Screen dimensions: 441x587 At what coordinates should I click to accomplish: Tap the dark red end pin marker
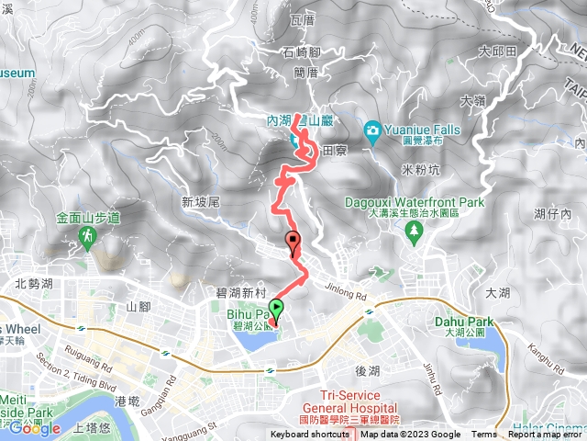293,243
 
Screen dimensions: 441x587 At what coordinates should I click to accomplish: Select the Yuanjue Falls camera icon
372,130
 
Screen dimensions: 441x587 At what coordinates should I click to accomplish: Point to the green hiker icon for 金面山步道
87,239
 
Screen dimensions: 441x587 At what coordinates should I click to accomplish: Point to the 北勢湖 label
34,285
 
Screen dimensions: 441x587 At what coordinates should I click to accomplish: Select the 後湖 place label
367,370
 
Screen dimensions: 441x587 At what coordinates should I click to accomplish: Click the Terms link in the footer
484,435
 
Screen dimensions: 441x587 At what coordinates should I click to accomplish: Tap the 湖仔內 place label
553,214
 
